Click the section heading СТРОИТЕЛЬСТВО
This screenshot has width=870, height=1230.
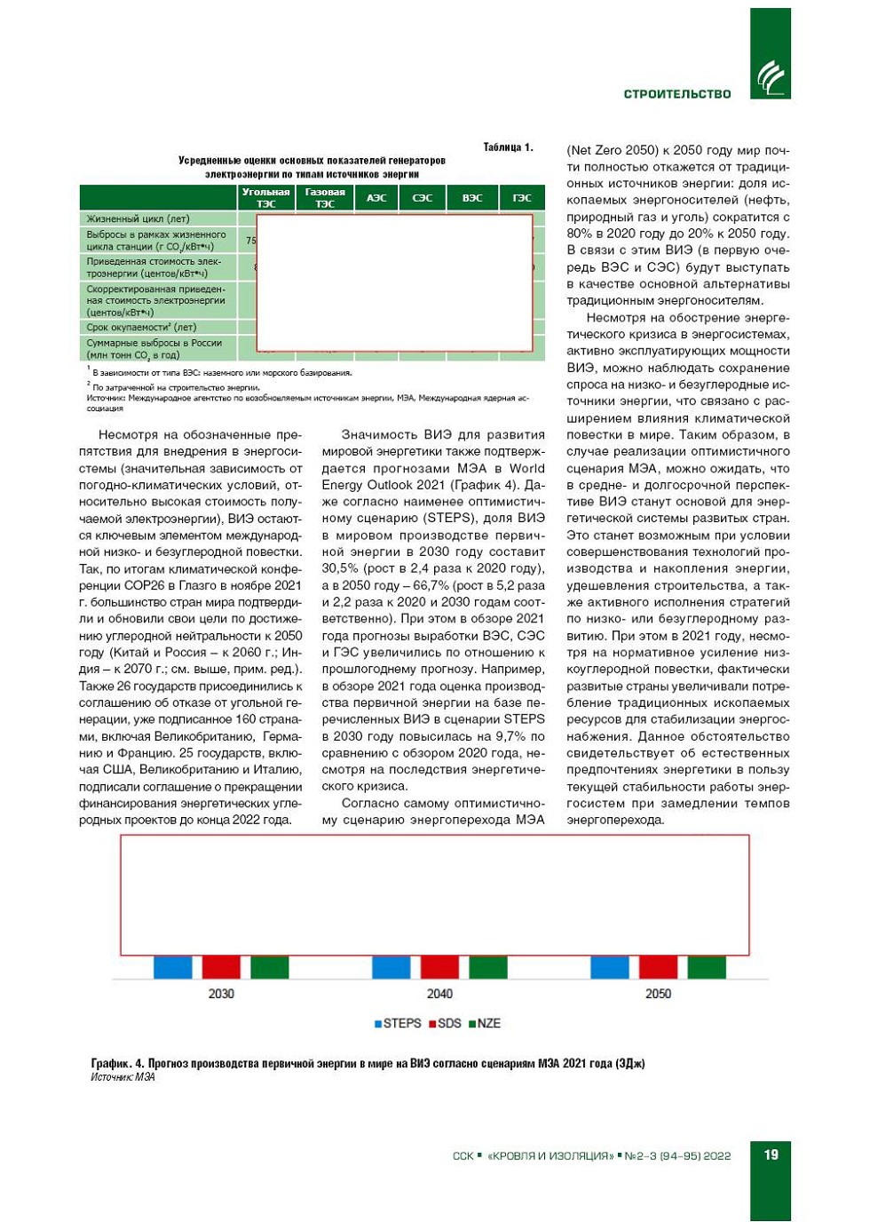[676, 94]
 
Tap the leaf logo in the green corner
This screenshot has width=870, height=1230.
[770, 78]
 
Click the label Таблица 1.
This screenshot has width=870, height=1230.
[508, 147]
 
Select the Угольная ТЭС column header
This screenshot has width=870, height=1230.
[265, 197]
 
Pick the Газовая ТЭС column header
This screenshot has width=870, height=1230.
[325, 197]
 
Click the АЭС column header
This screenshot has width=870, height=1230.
[376, 197]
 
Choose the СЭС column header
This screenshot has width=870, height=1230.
[423, 197]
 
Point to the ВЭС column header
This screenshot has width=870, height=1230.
[472, 197]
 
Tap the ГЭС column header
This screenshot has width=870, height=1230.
[522, 197]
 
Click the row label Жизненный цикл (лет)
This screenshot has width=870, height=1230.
[138, 218]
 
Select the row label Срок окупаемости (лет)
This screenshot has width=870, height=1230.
[141, 327]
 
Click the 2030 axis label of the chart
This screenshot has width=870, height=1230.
[221, 994]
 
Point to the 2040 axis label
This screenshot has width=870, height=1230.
[439, 994]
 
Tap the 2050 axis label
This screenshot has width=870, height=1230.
[658, 994]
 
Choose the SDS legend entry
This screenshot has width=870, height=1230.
[446, 1023]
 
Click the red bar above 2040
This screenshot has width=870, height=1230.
[439, 967]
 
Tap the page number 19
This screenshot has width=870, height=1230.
[771, 1155]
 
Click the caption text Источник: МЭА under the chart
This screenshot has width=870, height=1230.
[123, 1077]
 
